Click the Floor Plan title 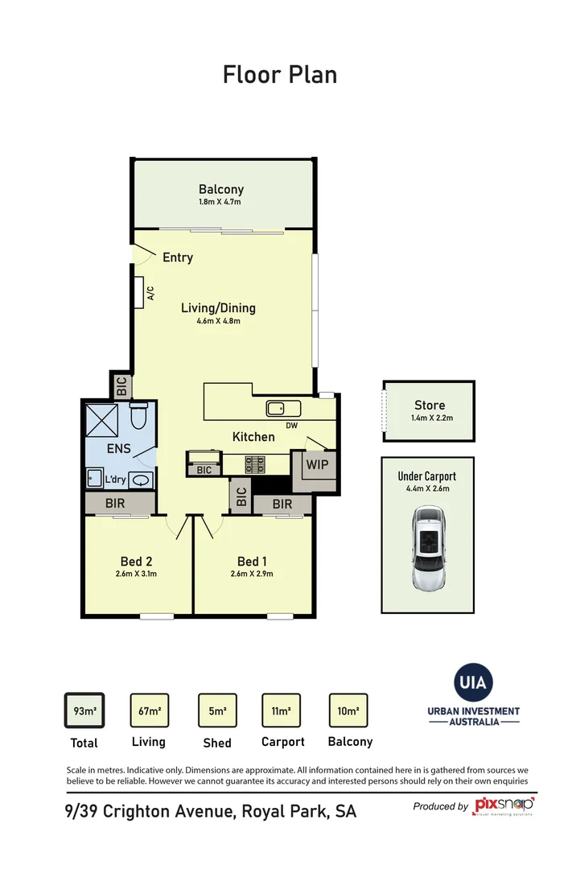279,75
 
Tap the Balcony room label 220,190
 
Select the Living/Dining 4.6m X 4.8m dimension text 218,321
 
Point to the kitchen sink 283,408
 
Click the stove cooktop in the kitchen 255,464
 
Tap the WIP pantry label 315,464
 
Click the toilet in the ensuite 138,416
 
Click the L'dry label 115,480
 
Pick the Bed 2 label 137,561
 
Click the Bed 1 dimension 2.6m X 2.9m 251,574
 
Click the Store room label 429,406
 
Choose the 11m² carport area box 281,710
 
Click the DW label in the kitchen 291,426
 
